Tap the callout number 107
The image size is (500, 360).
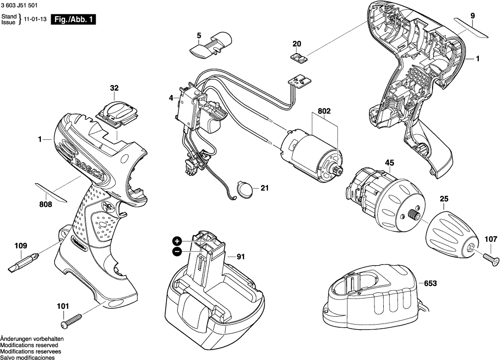pos(491,239)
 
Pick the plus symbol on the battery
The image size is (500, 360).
pos(177,241)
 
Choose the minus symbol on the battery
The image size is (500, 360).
pos(177,252)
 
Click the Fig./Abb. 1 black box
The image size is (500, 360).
pos(73,20)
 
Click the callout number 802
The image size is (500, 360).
pos(324,111)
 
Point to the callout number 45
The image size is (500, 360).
pos(389,163)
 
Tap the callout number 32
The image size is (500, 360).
pos(114,89)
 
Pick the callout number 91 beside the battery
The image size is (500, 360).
pos(240,257)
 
